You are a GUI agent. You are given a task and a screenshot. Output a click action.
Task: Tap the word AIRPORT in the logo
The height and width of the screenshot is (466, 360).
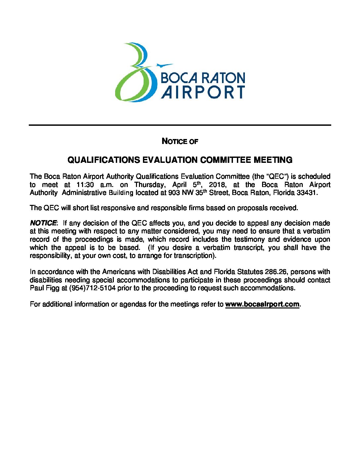pos(203,92)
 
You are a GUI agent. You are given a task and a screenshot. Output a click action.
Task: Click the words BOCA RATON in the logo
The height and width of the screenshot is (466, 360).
pos(202,78)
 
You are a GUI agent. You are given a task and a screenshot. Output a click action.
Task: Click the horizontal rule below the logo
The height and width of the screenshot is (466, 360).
pos(180,125)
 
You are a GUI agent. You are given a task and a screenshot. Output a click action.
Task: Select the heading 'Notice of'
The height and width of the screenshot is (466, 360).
pos(180,141)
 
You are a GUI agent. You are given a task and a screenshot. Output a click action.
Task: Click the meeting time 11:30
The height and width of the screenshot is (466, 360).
pos(85,185)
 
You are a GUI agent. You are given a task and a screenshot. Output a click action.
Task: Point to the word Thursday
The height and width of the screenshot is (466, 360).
pos(150,185)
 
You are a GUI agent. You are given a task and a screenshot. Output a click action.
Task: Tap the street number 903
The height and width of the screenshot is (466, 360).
pos(174,193)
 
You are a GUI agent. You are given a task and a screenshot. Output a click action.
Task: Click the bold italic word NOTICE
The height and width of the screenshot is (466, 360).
pos(43,223)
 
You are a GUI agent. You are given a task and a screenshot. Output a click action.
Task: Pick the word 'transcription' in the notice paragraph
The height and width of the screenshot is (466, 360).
pos(194,256)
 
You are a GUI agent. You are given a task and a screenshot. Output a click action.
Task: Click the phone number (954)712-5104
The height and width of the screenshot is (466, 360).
pos(92,288)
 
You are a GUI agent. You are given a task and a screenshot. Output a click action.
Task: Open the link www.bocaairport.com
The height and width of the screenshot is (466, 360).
pos(262,304)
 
